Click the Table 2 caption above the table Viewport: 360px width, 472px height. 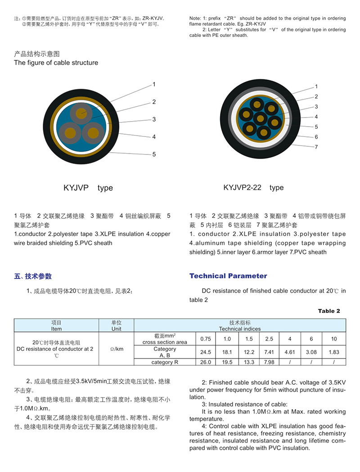[329, 311]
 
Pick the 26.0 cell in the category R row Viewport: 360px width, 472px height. [206, 362]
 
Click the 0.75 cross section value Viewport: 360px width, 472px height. [206, 339]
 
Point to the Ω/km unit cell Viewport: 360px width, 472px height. [117, 349]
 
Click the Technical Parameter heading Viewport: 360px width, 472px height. [228, 276]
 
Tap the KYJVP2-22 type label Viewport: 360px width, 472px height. [253, 187]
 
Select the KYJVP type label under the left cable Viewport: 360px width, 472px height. [88, 187]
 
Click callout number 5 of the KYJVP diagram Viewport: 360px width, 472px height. [154, 154]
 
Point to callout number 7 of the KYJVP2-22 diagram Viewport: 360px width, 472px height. [316, 147]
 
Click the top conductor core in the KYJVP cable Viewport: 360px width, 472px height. [81, 112]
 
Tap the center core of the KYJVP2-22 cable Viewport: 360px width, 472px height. [259, 119]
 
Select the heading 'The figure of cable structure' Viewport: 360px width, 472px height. [56, 63]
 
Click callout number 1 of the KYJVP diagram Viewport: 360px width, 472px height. [154, 84]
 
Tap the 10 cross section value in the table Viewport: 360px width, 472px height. [333, 339]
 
